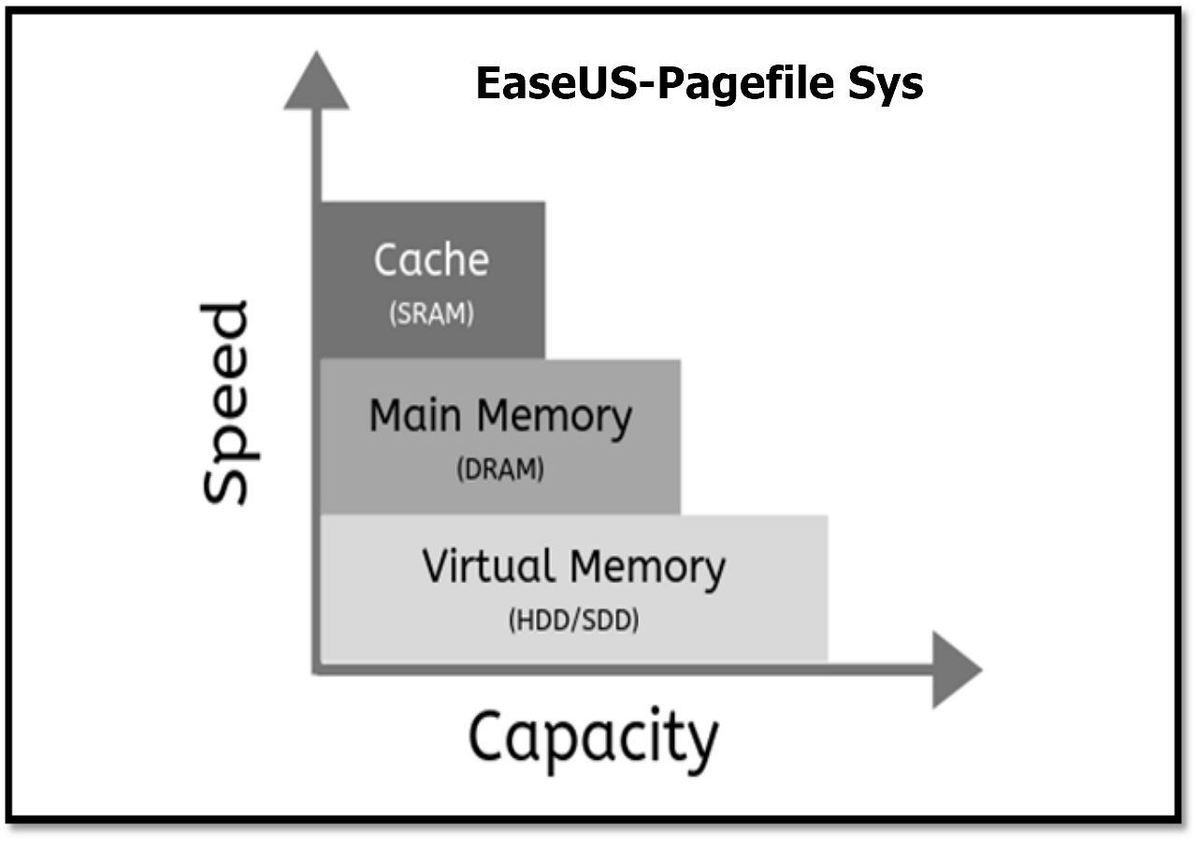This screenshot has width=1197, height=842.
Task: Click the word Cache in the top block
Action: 431,259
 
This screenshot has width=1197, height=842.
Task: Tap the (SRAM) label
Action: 431,314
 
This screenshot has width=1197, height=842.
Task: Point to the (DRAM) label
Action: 499,470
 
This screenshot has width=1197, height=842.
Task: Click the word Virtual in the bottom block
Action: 487,566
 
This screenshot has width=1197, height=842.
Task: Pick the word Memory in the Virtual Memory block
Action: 647,568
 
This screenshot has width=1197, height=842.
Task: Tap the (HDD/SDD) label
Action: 573,619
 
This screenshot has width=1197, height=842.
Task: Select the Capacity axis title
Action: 593,738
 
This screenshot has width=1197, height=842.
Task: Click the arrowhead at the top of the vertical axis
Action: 317,81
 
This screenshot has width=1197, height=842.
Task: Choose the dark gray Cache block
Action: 432,280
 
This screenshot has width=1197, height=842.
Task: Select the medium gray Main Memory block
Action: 500,437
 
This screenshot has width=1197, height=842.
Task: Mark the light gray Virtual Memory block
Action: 573,588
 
